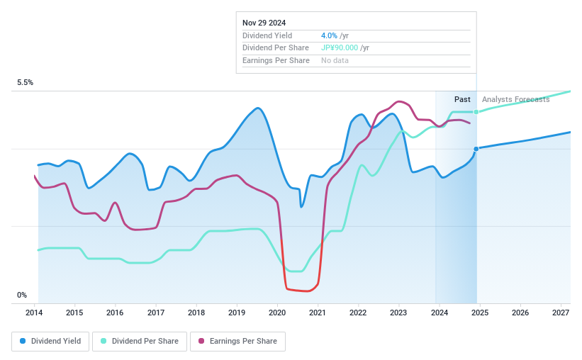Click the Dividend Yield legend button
[50, 341]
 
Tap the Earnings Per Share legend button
[237, 341]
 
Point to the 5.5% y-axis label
[25, 83]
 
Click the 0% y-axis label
[22, 296]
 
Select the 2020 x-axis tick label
[277, 313]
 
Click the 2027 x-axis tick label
[561, 313]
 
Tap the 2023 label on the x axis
[398, 313]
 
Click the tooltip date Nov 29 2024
[264, 23]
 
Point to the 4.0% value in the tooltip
[330, 35]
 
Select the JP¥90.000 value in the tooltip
[340, 48]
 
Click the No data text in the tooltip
[335, 61]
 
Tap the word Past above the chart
[462, 100]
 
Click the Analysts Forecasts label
[515, 100]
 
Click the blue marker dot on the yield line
[476, 148]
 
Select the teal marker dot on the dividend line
[476, 112]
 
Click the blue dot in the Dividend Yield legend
[23, 341]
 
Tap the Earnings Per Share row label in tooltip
[276, 61]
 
